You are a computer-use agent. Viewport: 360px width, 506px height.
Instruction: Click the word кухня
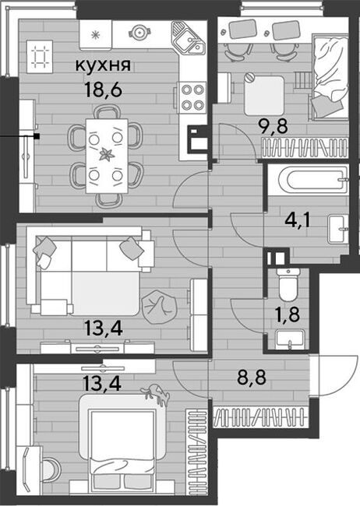click(103, 65)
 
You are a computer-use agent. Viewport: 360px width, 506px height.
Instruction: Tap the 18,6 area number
click(103, 90)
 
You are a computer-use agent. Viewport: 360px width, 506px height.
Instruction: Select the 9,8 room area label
click(274, 127)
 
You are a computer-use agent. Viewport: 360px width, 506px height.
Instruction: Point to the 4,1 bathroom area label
click(298, 220)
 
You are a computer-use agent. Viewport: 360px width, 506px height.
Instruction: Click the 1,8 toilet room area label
click(288, 314)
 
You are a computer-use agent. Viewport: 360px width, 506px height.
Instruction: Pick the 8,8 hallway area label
click(252, 378)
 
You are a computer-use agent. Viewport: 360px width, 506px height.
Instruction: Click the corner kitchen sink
click(189, 38)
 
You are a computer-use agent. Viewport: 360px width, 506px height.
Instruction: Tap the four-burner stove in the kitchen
click(192, 97)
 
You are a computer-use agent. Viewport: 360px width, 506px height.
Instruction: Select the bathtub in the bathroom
click(316, 180)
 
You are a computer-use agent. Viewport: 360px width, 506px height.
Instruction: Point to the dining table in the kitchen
click(106, 156)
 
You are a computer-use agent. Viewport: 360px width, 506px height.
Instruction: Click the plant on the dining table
click(106, 154)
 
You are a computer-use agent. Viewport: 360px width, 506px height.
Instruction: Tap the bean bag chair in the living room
click(160, 307)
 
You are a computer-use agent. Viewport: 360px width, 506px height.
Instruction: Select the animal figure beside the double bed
click(156, 393)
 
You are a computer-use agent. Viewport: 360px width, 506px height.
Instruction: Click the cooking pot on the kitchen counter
click(139, 32)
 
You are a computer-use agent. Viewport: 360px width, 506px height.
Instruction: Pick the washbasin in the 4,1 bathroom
click(338, 229)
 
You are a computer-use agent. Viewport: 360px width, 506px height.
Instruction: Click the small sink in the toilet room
click(290, 340)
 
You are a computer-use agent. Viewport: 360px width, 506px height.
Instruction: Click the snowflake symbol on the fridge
click(95, 35)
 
